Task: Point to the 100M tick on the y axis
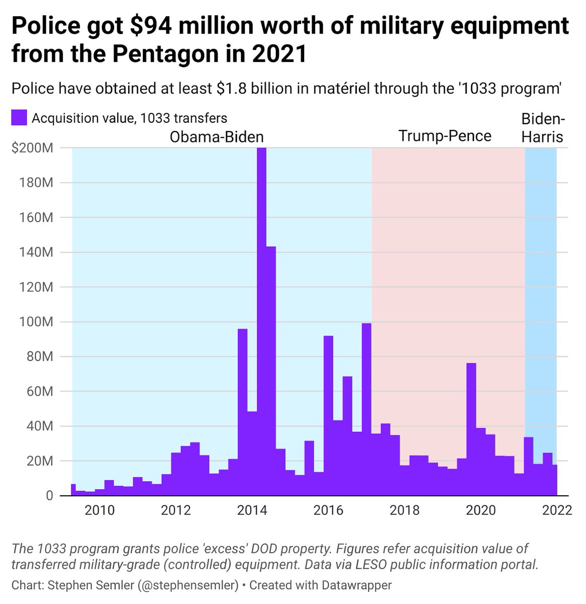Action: click(x=39, y=322)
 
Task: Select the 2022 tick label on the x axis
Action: click(x=557, y=510)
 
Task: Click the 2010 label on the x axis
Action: click(x=100, y=510)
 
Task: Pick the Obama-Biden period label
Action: click(x=217, y=137)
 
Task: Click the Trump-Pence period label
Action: click(x=445, y=136)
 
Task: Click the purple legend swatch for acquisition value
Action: click(x=19, y=118)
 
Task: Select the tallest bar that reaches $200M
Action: click(x=261, y=322)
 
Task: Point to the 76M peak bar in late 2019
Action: click(x=471, y=428)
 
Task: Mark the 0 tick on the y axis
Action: click(x=49, y=496)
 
